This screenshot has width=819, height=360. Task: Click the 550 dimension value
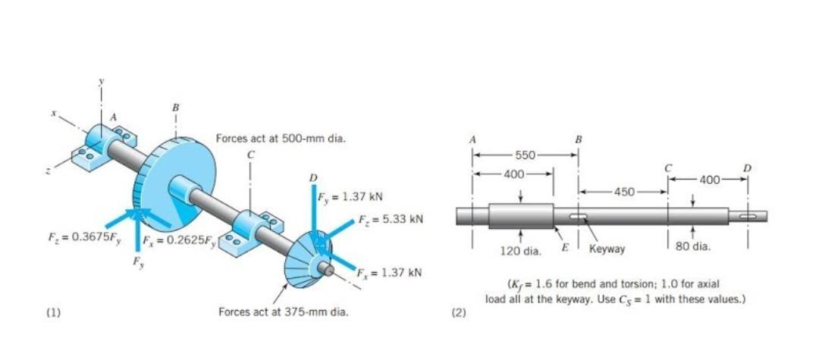(526, 155)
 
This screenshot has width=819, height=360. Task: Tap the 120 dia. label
(520, 249)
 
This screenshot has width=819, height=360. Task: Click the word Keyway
(607, 248)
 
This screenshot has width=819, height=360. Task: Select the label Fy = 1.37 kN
(346, 196)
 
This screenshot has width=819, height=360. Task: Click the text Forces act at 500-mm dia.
(275, 139)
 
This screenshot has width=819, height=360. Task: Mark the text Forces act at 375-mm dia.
(283, 311)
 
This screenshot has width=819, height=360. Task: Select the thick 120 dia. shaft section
(520, 215)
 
